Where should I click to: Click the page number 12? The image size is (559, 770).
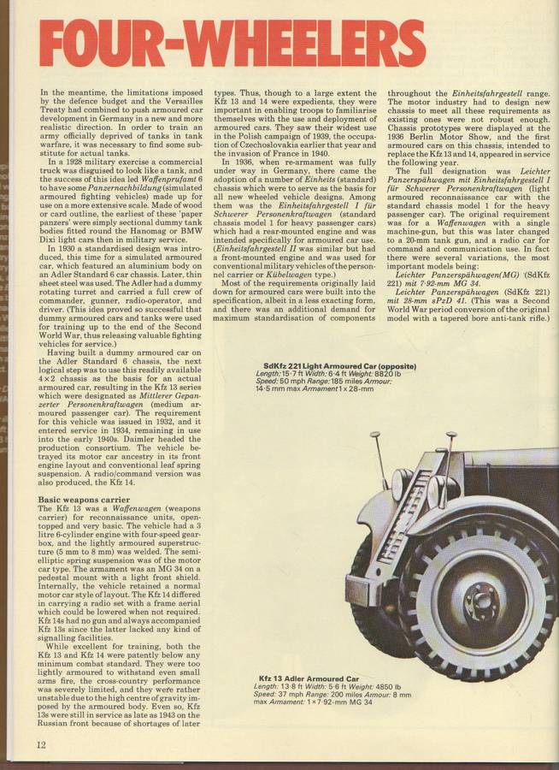click(x=41, y=743)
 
